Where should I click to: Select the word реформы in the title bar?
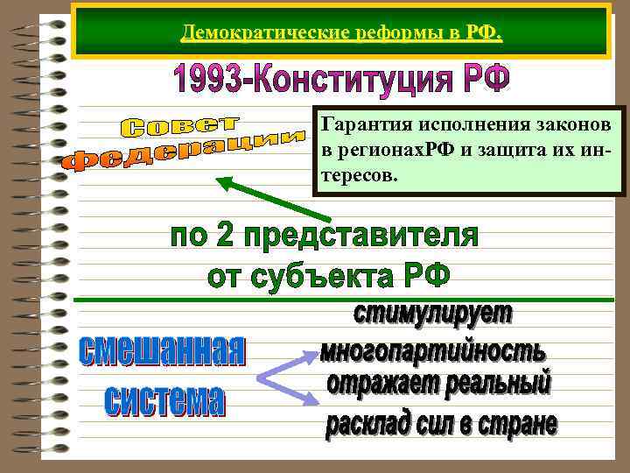coord(357,34)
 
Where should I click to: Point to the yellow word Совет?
coord(184,125)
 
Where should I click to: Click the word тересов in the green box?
coord(359,176)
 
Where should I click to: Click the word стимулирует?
coord(433,316)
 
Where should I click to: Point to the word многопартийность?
coord(432,351)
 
